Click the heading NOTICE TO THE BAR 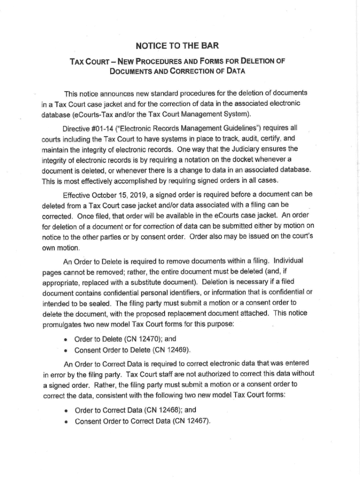177,45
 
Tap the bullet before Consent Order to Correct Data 67,421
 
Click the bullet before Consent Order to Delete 67,350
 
